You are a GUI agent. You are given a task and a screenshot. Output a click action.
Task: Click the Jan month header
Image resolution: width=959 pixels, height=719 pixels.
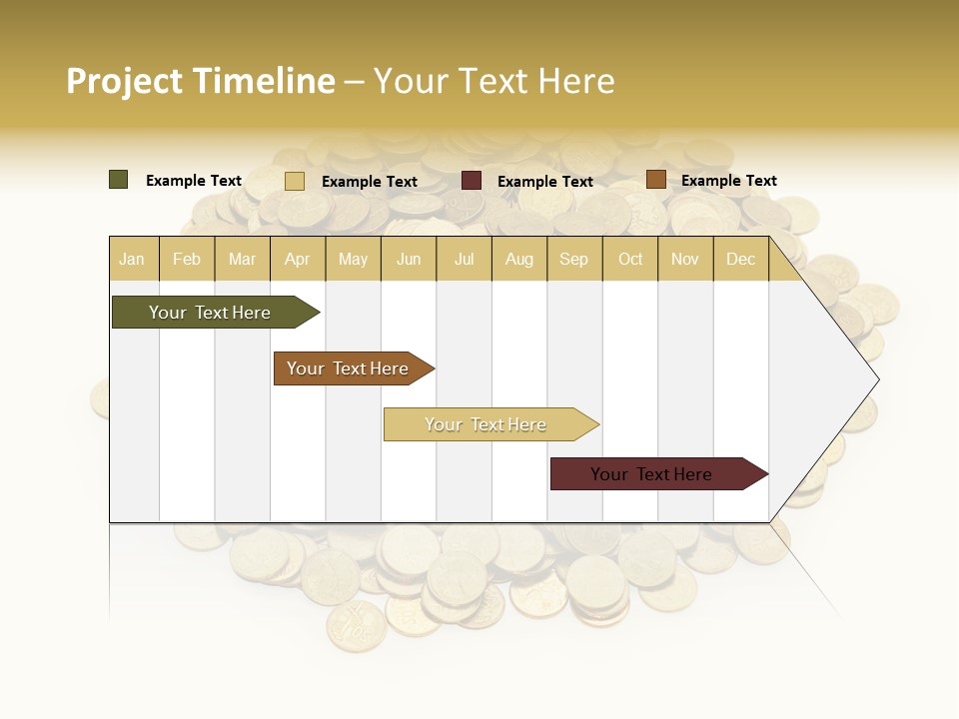tap(132, 259)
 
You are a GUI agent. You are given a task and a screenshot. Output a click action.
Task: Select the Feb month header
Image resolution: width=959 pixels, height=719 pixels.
tap(187, 259)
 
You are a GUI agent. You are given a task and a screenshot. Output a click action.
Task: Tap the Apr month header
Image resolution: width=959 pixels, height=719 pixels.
tap(297, 259)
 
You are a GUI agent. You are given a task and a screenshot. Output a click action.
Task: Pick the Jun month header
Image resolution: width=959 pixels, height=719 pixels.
tap(409, 259)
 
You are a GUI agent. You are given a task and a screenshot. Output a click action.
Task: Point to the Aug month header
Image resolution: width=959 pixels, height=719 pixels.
tap(518, 259)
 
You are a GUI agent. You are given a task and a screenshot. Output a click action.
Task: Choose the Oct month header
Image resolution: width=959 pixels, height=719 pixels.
tap(630, 259)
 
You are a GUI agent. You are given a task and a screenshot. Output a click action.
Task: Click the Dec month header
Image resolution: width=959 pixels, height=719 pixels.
tap(740, 259)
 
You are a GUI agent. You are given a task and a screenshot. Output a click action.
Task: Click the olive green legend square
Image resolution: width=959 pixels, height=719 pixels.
tap(119, 180)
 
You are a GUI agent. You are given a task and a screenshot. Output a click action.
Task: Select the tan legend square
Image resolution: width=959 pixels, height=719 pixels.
tap(295, 181)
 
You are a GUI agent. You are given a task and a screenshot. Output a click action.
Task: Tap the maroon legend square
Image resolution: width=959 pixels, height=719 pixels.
tap(472, 181)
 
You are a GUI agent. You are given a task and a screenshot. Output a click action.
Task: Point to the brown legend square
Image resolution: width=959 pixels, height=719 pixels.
tap(655, 180)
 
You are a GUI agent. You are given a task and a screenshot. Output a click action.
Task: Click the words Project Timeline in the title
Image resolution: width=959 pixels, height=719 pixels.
tap(201, 81)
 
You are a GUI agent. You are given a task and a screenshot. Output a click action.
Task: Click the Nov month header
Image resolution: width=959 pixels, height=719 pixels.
tap(684, 259)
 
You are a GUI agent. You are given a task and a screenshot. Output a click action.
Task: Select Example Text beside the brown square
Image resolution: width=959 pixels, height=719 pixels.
tap(728, 181)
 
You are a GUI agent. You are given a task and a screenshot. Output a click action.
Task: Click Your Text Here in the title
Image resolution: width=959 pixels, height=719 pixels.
tap(493, 81)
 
